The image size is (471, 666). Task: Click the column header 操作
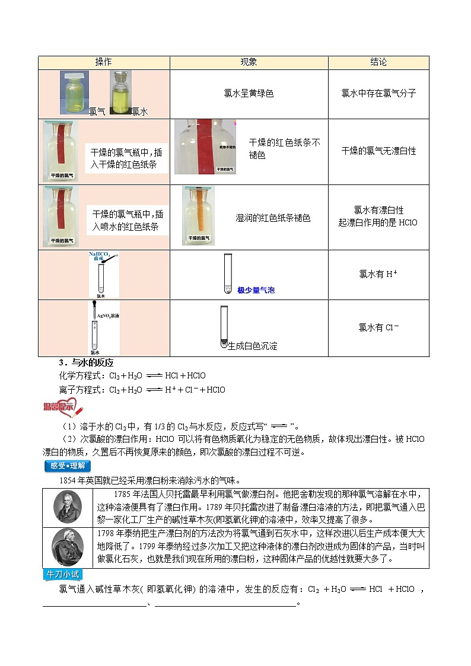click(104, 62)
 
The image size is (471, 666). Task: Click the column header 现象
click(249, 62)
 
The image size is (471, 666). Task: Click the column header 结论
click(378, 62)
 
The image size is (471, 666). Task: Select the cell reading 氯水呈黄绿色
click(249, 93)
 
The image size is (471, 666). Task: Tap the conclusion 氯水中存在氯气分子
click(378, 93)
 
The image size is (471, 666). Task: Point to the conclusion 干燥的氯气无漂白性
click(378, 151)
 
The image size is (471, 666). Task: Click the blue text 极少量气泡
click(256, 291)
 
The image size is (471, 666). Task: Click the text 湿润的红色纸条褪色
click(273, 218)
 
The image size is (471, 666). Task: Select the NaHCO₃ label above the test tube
click(100, 256)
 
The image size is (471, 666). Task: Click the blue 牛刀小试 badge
click(63, 575)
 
